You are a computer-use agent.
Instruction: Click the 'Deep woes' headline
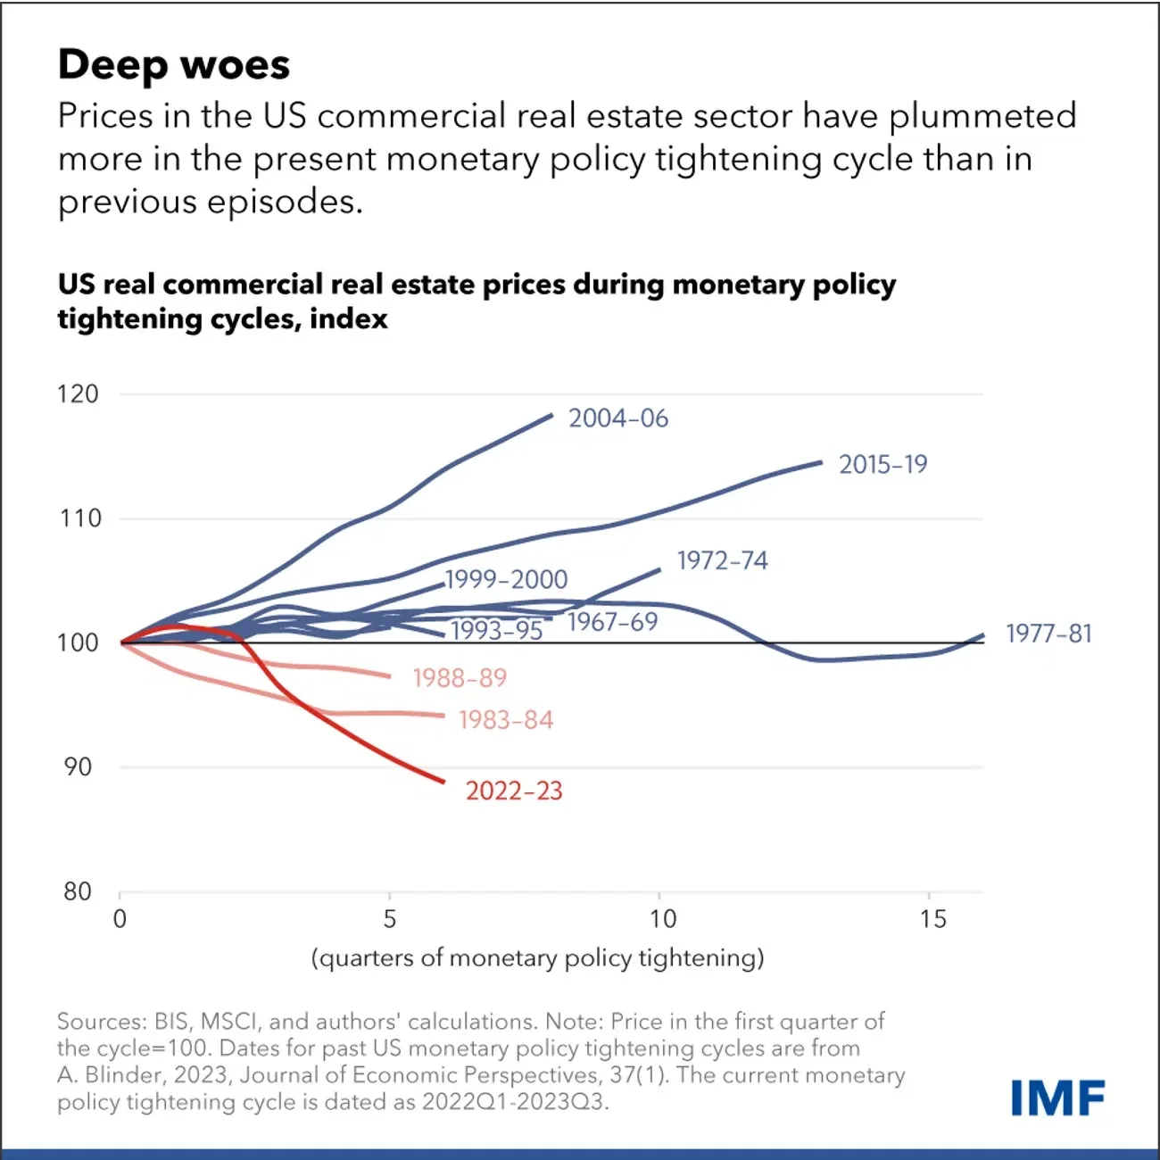click(x=174, y=65)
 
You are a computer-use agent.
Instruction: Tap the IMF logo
click(x=1058, y=1098)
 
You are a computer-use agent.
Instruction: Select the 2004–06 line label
click(x=618, y=418)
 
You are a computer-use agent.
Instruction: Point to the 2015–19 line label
click(x=882, y=464)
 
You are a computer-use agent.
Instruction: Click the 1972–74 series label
click(x=722, y=560)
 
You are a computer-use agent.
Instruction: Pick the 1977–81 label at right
click(x=1048, y=634)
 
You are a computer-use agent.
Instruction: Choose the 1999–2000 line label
click(x=506, y=580)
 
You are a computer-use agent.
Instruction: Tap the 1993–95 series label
click(x=497, y=631)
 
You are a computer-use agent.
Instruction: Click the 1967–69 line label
click(x=612, y=622)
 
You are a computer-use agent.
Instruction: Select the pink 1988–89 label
click(x=460, y=678)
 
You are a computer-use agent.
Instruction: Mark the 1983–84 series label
click(x=506, y=720)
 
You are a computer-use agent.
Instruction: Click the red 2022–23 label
click(x=514, y=791)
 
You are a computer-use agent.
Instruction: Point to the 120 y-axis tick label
click(x=79, y=394)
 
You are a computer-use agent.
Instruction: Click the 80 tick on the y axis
click(x=79, y=891)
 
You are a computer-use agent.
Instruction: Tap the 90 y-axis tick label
click(x=79, y=767)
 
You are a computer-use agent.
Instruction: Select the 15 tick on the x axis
click(x=932, y=918)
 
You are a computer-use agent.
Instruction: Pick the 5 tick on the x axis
click(x=390, y=918)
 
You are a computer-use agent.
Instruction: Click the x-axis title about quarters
click(x=538, y=957)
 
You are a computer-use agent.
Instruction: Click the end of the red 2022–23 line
click(x=443, y=782)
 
